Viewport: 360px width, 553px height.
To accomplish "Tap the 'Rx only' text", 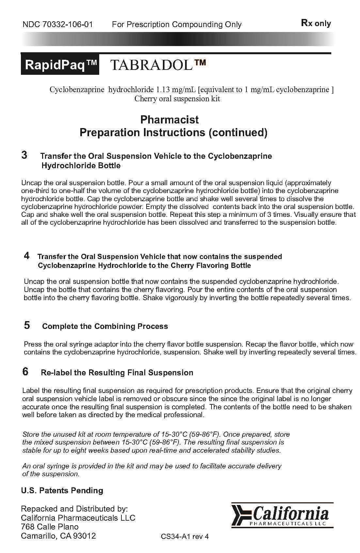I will click(316, 24).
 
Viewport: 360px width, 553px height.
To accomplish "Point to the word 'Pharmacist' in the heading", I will click(169, 120).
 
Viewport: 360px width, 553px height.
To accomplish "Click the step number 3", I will click(24, 155).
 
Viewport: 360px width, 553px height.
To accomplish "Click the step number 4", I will click(27, 255).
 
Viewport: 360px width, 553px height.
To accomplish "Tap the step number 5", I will click(27, 325).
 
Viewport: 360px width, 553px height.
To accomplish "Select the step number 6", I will click(25, 371).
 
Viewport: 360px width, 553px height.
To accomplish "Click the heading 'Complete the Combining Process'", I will click(105, 326).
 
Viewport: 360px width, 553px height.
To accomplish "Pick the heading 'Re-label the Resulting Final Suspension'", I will click(117, 373).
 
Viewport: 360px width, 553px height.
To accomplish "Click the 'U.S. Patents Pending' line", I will click(62, 490).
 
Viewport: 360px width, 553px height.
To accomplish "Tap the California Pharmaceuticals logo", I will click(283, 515).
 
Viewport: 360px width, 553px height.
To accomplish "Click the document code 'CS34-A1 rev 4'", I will click(185, 537).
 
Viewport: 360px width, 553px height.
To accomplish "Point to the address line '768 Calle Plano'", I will click(50, 527).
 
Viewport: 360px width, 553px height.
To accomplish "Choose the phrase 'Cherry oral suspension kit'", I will click(177, 99).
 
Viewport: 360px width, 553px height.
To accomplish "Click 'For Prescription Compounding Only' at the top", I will click(177, 24).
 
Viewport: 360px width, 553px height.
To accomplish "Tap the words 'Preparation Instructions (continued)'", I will click(174, 133).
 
